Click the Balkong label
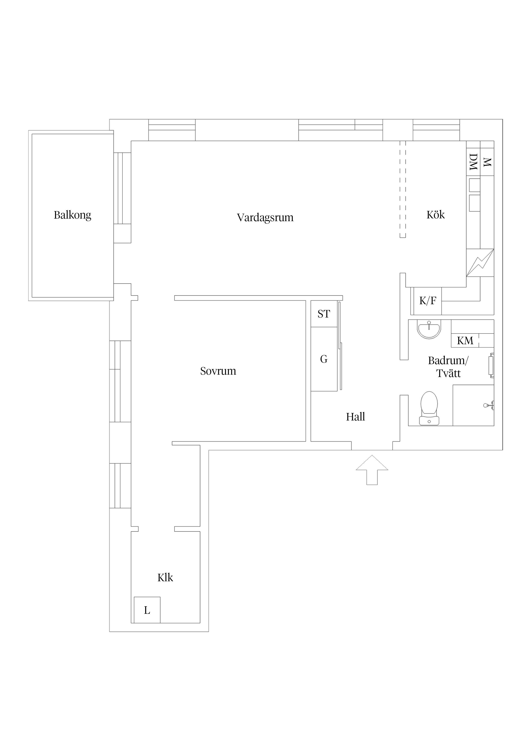point(72,215)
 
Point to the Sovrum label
point(218,371)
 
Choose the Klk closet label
point(165,578)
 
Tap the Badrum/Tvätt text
point(448,367)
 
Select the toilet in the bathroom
point(429,408)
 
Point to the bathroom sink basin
point(429,328)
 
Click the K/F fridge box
point(428,301)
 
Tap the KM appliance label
point(465,341)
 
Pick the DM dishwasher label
point(473,162)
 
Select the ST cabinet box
point(324,314)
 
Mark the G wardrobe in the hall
point(324,359)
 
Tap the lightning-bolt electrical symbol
point(480,263)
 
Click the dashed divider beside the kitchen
point(403,189)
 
